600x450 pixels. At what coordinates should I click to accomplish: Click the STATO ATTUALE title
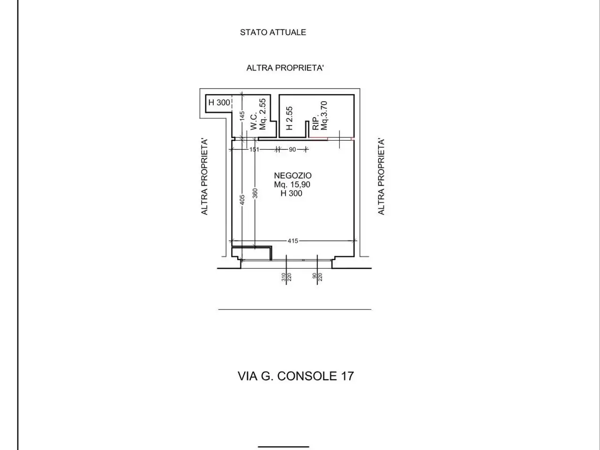(x=273, y=32)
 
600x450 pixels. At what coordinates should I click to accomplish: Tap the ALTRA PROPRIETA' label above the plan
(x=285, y=68)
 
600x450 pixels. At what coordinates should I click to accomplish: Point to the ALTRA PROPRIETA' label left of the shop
(x=204, y=177)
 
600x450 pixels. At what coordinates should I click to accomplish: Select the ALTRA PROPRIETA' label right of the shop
(x=381, y=177)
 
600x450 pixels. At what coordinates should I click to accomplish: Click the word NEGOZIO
(x=292, y=175)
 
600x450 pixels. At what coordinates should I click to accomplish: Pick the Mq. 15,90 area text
(x=292, y=184)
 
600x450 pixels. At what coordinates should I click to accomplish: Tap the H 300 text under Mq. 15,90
(x=292, y=194)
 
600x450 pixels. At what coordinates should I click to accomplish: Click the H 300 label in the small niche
(x=219, y=103)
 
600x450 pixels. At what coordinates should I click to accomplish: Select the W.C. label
(x=254, y=121)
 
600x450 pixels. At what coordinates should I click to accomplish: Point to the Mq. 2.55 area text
(x=262, y=114)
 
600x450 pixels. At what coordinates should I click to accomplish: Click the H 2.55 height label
(x=289, y=118)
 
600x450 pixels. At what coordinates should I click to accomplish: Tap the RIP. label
(x=316, y=123)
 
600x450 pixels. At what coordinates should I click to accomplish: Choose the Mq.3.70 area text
(x=324, y=116)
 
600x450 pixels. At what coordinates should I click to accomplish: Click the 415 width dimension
(x=293, y=241)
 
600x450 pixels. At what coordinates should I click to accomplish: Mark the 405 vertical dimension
(x=242, y=200)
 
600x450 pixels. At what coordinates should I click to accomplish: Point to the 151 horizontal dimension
(x=254, y=150)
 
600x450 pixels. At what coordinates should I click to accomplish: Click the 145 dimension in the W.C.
(x=242, y=116)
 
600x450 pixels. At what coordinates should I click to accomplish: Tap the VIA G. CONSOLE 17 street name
(x=296, y=376)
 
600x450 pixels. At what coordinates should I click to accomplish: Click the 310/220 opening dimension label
(x=286, y=277)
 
